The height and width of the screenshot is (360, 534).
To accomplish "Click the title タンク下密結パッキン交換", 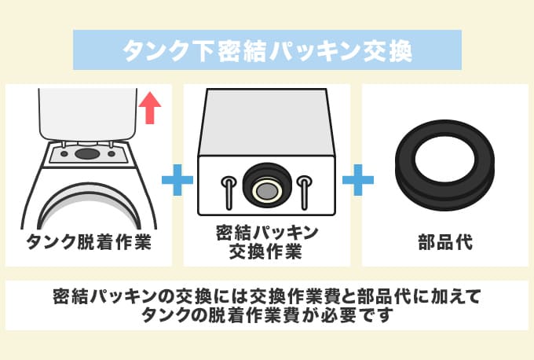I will click(x=266, y=50).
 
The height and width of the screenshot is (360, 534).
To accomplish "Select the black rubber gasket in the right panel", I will click(x=444, y=166).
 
